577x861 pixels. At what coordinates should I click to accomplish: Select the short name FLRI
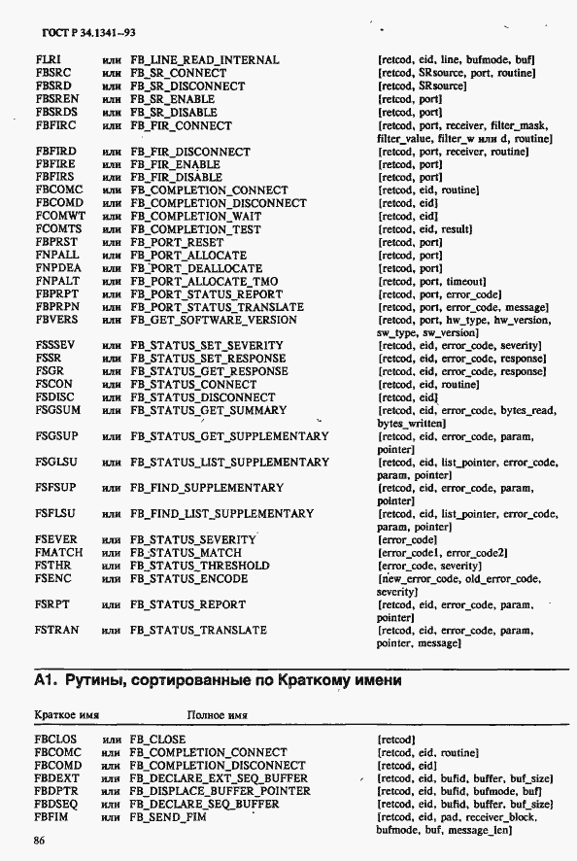49,60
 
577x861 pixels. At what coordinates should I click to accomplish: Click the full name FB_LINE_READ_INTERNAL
204,60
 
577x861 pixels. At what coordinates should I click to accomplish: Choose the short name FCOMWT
59,217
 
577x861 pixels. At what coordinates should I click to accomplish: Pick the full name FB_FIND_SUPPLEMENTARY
207,488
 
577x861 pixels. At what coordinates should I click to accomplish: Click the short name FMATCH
58,553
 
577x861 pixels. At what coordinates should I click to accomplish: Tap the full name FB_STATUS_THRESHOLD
200,566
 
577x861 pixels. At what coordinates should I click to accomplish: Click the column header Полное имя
219,715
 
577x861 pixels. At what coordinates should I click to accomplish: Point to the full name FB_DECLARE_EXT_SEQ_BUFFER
219,779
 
